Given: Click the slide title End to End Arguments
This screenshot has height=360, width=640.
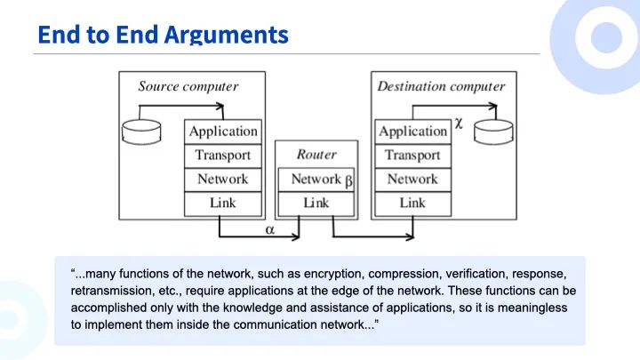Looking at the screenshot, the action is click(x=163, y=35).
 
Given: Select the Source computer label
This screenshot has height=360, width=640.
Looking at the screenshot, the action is click(x=188, y=86).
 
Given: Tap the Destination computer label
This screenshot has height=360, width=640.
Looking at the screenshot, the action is click(x=441, y=86).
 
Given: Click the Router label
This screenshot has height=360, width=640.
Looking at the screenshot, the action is click(x=316, y=155).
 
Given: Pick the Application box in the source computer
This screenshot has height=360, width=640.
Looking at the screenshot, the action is click(x=223, y=132).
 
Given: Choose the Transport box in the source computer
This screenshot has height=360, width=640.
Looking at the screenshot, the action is click(x=223, y=156).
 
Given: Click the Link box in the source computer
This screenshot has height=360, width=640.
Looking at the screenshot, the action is click(x=223, y=204).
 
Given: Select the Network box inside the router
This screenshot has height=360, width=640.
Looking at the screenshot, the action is click(x=316, y=180).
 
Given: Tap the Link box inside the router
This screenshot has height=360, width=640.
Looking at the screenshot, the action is click(x=316, y=204).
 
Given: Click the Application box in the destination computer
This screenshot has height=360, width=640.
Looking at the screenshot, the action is click(x=413, y=132).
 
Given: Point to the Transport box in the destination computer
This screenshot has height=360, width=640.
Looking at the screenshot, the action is click(x=413, y=156).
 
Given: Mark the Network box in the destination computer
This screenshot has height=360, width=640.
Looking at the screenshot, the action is click(x=413, y=180).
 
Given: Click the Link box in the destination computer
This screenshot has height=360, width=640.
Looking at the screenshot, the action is click(x=413, y=204).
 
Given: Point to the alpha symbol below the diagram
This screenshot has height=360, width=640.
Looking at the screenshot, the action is click(x=270, y=230).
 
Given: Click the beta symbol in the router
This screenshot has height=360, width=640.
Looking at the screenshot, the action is click(x=348, y=180).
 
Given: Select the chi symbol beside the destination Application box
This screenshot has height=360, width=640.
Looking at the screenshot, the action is click(x=459, y=124).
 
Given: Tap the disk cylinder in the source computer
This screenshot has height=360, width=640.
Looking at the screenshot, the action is click(x=141, y=132).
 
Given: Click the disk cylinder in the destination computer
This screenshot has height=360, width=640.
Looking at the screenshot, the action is click(x=493, y=132).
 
